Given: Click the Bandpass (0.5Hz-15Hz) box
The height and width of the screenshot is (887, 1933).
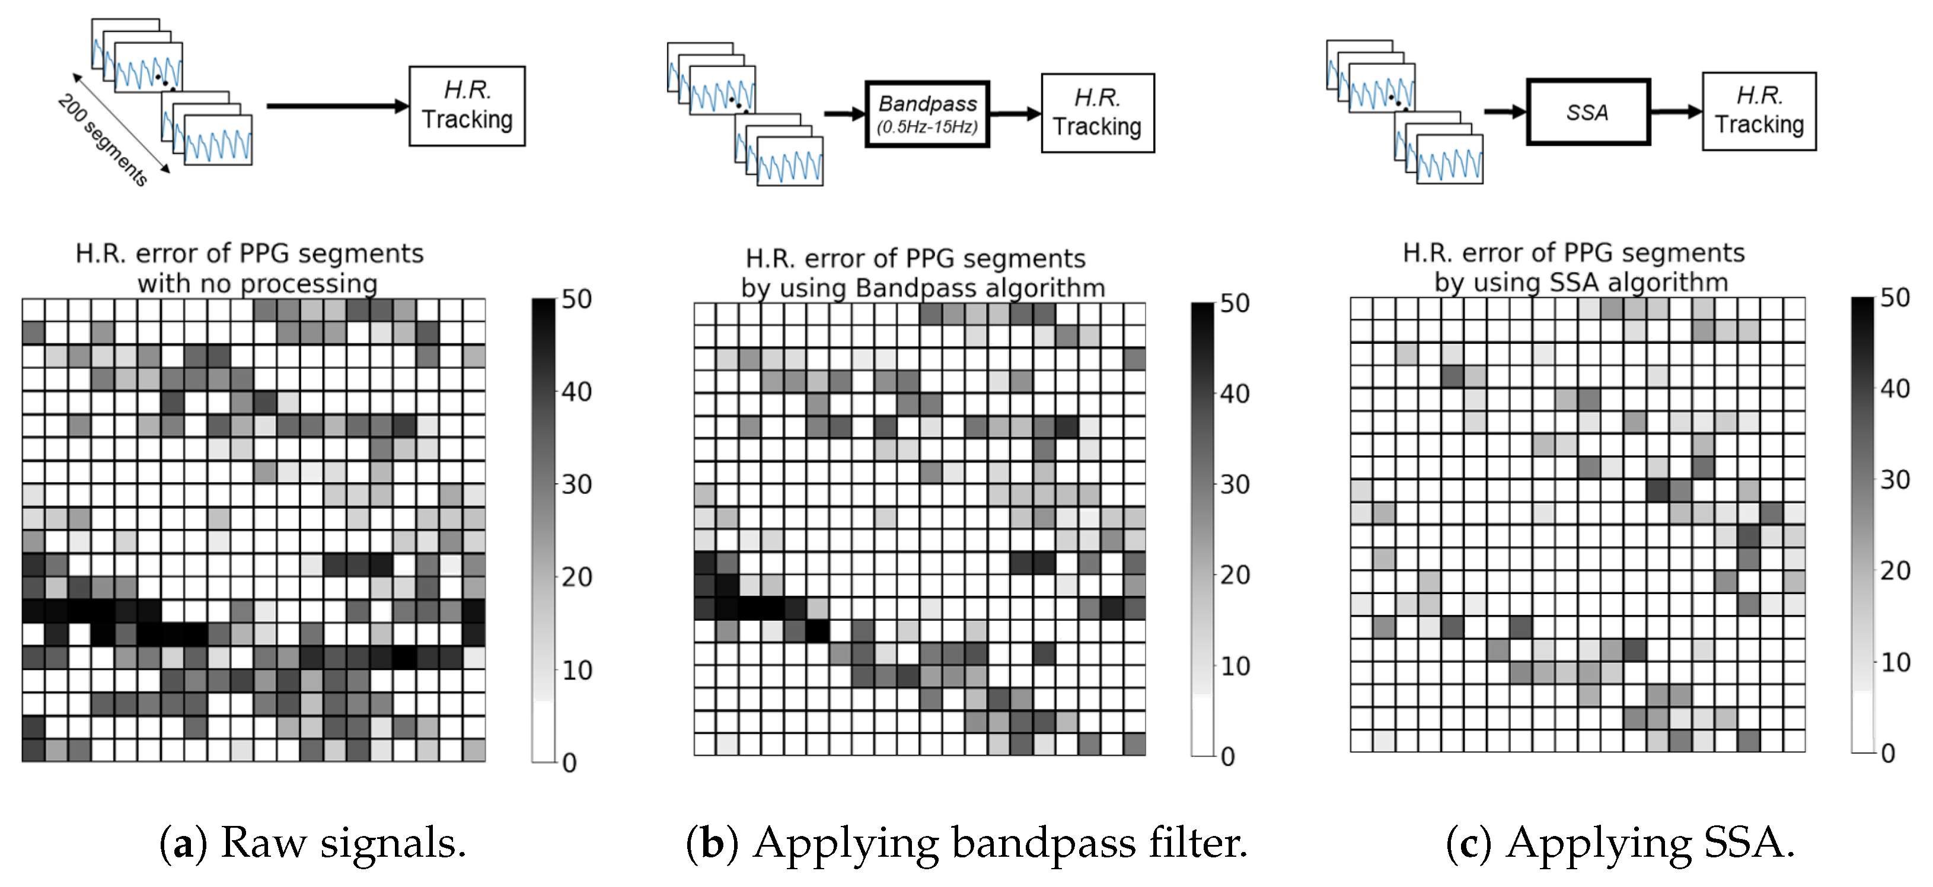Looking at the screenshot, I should (x=927, y=114).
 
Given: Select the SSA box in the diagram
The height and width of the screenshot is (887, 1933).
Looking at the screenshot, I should (x=1588, y=113).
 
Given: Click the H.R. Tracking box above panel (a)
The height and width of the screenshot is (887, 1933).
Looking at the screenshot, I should (x=467, y=106).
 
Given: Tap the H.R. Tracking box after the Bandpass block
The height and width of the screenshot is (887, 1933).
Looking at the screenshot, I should (x=1097, y=113).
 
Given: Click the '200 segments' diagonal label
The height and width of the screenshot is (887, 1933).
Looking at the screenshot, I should (x=103, y=141).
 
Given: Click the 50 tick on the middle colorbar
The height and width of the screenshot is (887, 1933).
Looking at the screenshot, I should (x=1235, y=303).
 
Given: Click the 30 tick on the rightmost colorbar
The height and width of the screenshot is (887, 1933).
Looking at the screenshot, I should (x=1894, y=480).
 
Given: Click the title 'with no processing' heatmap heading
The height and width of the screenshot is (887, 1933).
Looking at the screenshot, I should (x=257, y=283).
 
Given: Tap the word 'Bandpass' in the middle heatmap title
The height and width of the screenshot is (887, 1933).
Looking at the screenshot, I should (x=902, y=288).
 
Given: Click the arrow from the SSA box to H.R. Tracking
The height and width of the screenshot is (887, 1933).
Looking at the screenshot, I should (x=1675, y=112).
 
